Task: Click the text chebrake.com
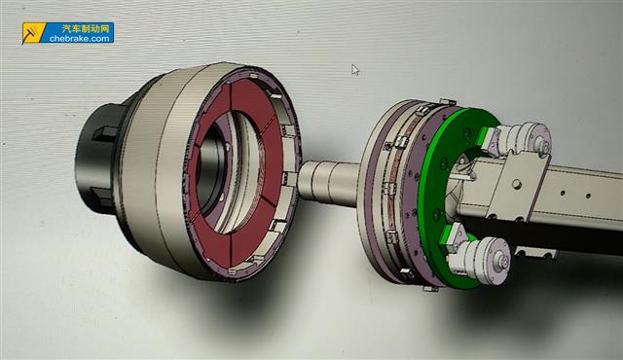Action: point(80,39)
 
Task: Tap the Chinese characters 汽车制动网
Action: point(86,28)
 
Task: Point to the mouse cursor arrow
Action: point(355,69)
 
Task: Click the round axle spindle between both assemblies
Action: point(330,183)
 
